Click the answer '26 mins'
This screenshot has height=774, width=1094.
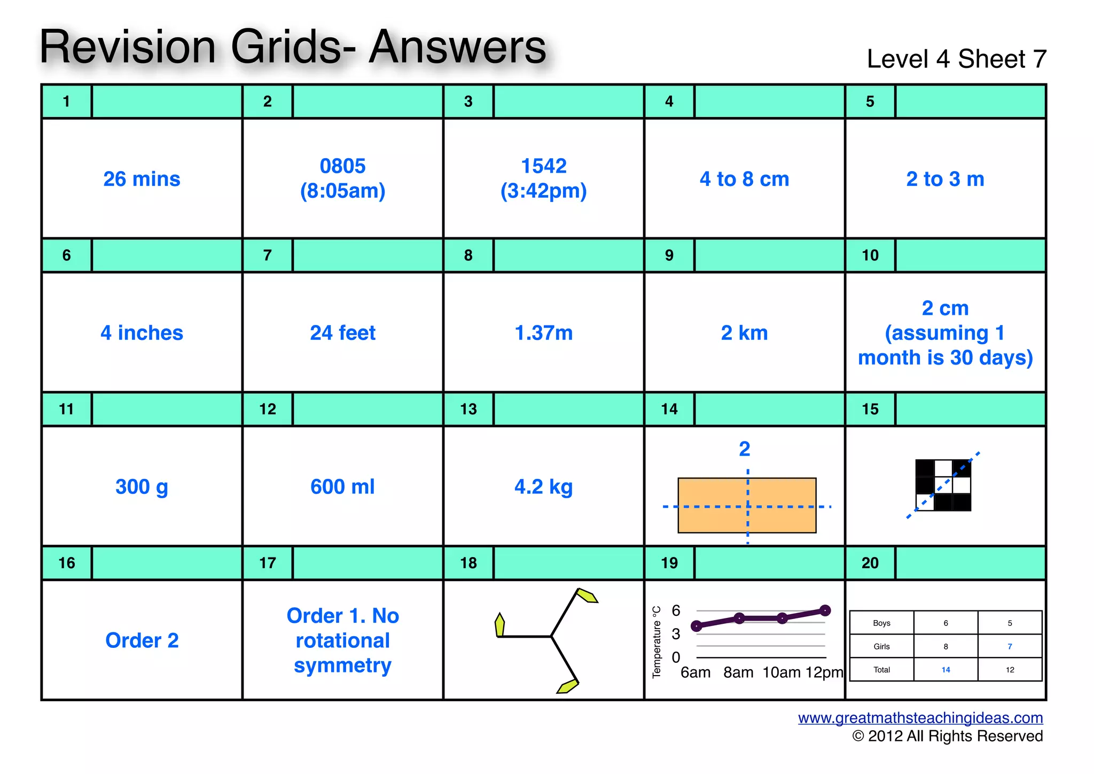(x=142, y=179)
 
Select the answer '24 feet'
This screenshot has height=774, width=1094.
(x=342, y=333)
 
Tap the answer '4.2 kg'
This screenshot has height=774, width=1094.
(x=543, y=487)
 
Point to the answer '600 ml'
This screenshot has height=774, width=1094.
(x=342, y=487)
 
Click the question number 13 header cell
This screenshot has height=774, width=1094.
(x=468, y=409)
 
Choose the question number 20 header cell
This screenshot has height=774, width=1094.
(x=870, y=563)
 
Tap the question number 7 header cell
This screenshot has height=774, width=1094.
(x=268, y=256)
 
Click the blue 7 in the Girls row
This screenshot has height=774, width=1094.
(x=1010, y=646)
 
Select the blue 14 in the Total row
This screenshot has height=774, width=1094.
(x=945, y=670)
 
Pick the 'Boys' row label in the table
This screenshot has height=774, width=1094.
(x=881, y=623)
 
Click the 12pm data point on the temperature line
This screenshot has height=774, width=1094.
(x=825, y=610)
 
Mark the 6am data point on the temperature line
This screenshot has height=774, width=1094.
(x=697, y=626)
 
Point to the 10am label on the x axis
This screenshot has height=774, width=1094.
(x=782, y=672)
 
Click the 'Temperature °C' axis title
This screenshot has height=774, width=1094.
(x=657, y=642)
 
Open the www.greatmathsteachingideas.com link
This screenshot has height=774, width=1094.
(x=920, y=718)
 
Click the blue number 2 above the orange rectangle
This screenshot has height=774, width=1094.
(x=745, y=449)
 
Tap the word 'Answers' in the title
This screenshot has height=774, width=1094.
(x=458, y=47)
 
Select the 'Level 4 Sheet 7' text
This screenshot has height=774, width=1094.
(x=956, y=59)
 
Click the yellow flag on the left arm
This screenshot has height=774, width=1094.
(x=500, y=625)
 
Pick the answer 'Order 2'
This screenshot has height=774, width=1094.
(x=142, y=640)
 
